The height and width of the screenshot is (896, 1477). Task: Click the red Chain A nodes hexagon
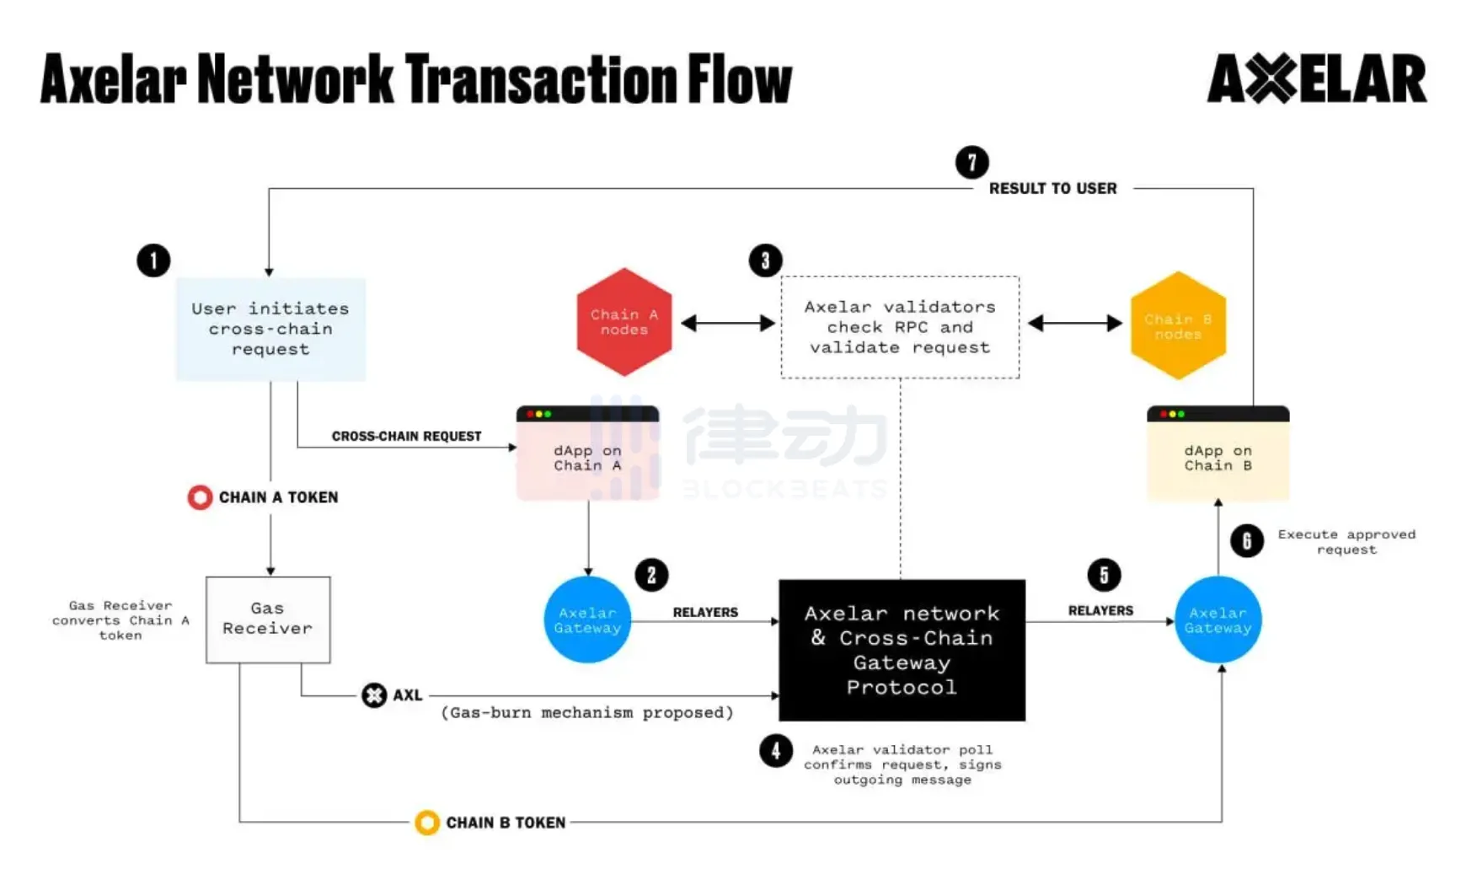(x=623, y=322)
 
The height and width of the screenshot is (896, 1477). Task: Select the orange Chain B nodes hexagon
(x=1177, y=325)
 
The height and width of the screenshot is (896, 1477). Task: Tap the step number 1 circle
(x=153, y=260)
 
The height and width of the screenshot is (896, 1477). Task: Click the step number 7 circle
(x=971, y=162)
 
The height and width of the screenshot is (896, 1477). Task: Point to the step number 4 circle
(x=775, y=750)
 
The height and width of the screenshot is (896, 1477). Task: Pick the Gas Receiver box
(x=268, y=620)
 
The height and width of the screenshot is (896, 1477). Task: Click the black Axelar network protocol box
(x=902, y=650)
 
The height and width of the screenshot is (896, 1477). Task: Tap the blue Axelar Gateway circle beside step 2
(x=587, y=620)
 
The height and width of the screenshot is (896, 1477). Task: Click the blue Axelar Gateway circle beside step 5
(x=1217, y=620)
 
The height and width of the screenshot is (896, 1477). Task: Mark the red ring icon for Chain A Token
(x=200, y=497)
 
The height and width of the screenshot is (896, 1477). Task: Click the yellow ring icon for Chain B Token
(x=427, y=822)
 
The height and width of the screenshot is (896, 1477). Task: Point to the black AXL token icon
(x=374, y=695)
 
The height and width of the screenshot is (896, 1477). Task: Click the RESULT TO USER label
(x=1052, y=189)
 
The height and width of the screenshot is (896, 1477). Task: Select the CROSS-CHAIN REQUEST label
(x=406, y=436)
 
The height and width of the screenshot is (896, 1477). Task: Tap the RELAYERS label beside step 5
(x=1100, y=610)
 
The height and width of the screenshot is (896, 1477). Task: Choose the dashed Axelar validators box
(x=900, y=327)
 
